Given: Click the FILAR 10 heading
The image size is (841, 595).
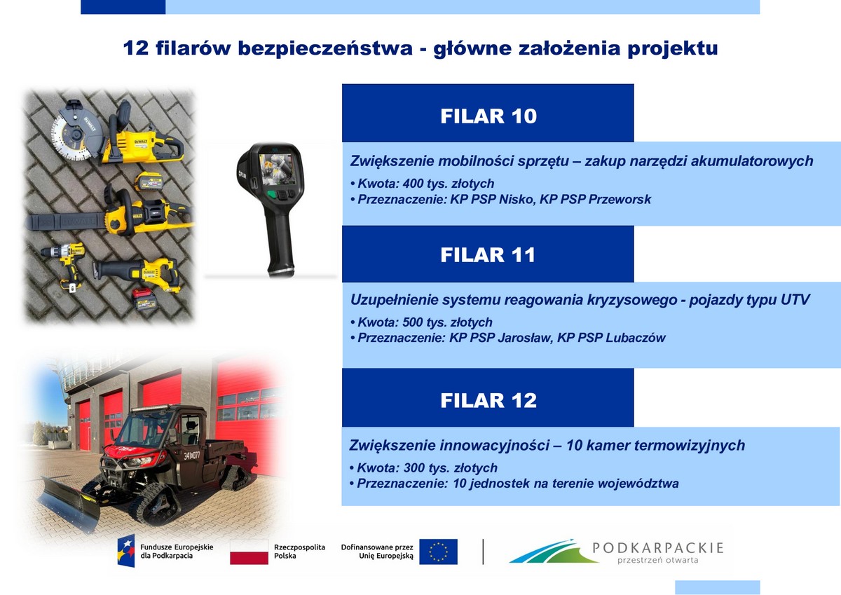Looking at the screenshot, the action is (x=488, y=116).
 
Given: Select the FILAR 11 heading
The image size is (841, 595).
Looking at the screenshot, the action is (x=488, y=255).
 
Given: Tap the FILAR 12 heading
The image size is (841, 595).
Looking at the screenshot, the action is (x=488, y=400).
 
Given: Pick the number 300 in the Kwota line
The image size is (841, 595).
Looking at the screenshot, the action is (x=413, y=467).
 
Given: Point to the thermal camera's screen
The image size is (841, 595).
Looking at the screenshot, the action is (x=277, y=169).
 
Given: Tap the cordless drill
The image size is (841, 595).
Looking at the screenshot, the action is (x=64, y=266).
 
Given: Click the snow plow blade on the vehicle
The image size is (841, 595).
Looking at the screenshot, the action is (x=69, y=504).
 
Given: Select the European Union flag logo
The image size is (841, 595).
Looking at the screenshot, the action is (x=438, y=552).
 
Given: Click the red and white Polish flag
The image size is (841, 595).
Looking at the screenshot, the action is (x=249, y=552).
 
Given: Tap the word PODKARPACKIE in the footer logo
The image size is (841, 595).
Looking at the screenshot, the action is (x=658, y=548).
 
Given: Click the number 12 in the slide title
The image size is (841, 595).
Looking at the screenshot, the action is (x=135, y=48).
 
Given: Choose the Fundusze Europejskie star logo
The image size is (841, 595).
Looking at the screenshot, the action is (x=125, y=551).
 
